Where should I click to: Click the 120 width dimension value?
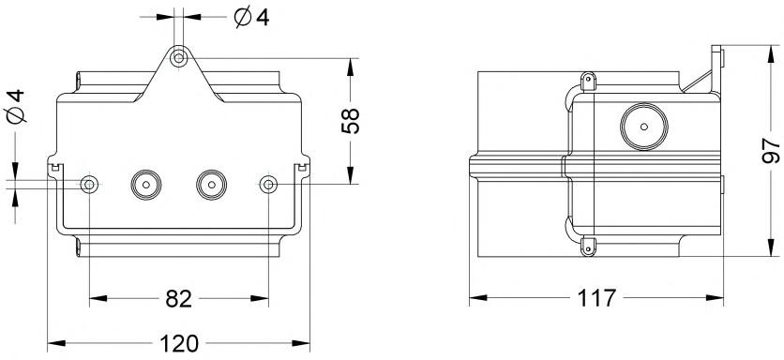pyautogui.click(x=178, y=343)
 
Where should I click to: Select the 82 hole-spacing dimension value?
pyautogui.click(x=178, y=298)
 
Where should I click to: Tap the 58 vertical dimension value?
pyautogui.click(x=350, y=121)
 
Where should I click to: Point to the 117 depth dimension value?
pyautogui.click(x=596, y=298)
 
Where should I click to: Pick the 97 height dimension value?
pyautogui.click(x=771, y=151)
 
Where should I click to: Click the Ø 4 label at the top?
pyautogui.click(x=252, y=18)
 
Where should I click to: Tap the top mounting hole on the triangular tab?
pyautogui.click(x=178, y=58)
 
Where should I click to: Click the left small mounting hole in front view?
pyautogui.click(x=89, y=185)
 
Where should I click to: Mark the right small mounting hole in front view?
pyautogui.click(x=268, y=185)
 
